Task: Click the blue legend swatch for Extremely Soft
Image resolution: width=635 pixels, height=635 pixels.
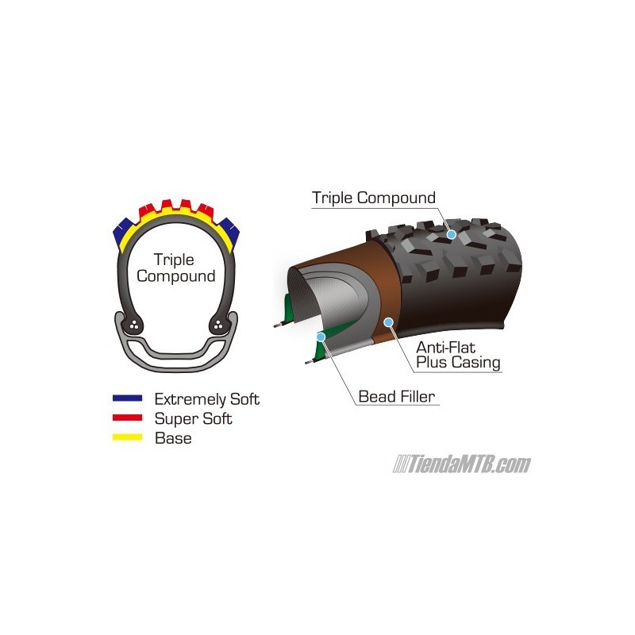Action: click(x=127, y=398)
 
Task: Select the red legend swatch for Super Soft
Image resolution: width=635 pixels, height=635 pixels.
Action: click(x=127, y=418)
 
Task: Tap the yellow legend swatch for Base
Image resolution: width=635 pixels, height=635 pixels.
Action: click(x=127, y=437)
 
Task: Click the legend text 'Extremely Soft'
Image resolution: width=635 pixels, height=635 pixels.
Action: click(x=206, y=399)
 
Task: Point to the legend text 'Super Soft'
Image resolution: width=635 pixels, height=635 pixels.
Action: click(x=193, y=419)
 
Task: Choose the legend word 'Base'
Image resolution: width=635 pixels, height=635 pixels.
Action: click(x=173, y=438)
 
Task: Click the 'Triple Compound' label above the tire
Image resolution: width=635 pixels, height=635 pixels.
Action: click(x=373, y=198)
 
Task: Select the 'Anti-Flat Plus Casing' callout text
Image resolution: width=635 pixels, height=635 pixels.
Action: click(x=458, y=355)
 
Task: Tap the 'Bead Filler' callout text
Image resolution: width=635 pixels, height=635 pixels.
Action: click(x=396, y=396)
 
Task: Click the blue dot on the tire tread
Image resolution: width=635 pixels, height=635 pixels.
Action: click(x=452, y=234)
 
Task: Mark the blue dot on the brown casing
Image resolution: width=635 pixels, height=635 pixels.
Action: click(x=389, y=322)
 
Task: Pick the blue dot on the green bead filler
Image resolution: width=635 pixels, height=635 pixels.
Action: click(x=321, y=337)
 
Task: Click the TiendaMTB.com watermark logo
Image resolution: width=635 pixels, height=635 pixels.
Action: click(x=461, y=464)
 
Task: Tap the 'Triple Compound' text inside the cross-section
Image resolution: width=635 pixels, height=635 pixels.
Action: click(x=175, y=267)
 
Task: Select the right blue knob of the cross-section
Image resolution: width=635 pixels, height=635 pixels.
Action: click(x=229, y=232)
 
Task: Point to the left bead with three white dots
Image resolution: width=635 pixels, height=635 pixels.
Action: click(x=134, y=325)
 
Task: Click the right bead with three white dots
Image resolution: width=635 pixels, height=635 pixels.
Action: click(x=218, y=324)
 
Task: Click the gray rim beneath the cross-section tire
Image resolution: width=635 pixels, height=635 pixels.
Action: click(x=176, y=362)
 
